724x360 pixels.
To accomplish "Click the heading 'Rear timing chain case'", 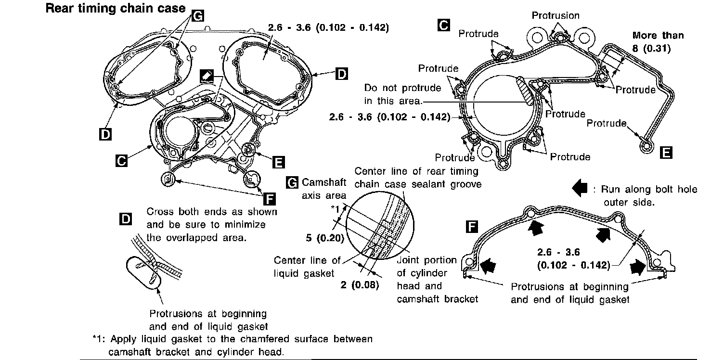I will click(115, 8).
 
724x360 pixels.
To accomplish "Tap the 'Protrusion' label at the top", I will click(556, 16).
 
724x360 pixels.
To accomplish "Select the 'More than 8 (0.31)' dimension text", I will click(658, 42).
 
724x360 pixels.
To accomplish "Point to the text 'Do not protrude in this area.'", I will click(393, 95).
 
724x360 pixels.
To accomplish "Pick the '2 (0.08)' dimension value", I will click(360, 284).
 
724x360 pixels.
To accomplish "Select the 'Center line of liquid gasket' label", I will click(307, 267).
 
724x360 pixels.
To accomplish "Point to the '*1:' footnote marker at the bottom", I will click(99, 339).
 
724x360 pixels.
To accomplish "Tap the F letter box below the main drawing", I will click(270, 198).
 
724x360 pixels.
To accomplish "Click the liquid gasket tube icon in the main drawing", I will click(207, 76).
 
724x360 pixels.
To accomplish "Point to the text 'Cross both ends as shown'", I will click(211, 212).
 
